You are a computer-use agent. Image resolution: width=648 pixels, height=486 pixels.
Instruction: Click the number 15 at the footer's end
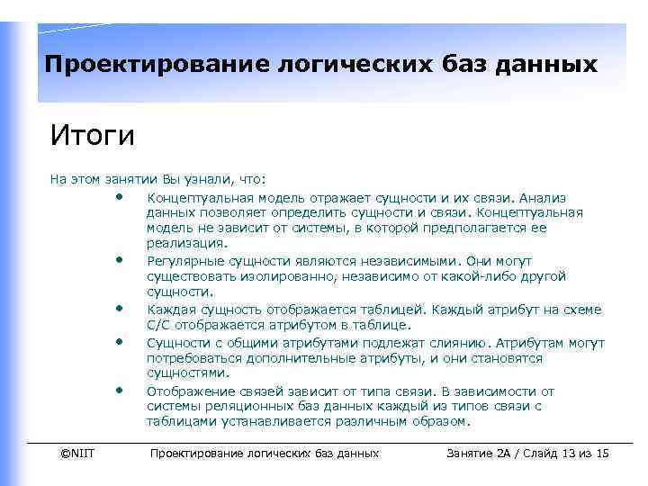[602, 453]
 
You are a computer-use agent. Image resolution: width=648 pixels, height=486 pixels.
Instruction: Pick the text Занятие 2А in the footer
[478, 453]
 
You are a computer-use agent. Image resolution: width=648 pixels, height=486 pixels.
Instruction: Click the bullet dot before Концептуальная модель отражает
[119, 194]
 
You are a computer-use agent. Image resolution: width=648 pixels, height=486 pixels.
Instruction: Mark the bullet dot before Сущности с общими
[119, 341]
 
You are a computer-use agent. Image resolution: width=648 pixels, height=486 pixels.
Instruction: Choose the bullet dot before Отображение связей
[119, 390]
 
